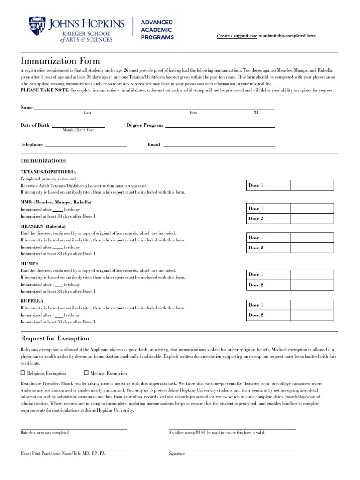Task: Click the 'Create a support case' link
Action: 237,36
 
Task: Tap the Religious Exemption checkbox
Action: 23,373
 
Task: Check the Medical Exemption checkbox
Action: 86,373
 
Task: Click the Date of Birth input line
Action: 78,126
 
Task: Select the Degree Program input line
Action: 220,126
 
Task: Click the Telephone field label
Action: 31,145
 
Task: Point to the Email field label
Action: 154,145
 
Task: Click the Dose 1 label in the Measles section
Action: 256,238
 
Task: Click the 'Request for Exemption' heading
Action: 55,338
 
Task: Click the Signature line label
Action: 177,453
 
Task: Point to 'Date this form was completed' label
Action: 45,433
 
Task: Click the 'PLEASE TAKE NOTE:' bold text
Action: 45,90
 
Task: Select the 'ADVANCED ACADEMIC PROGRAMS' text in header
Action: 157,30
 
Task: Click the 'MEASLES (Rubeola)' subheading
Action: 43,226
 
